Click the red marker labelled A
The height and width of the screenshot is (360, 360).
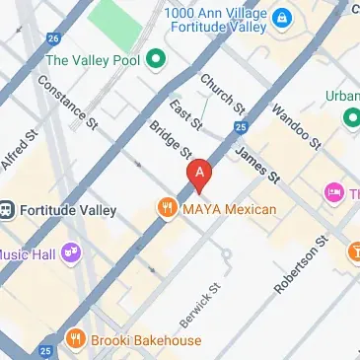point(200,174)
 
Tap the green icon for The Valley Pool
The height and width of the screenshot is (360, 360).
point(155,60)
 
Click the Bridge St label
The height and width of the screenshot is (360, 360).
point(170,140)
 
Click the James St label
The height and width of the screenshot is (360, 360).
point(258,164)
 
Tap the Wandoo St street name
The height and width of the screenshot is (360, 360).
point(296,125)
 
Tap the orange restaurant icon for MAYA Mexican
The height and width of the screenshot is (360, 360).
point(165,208)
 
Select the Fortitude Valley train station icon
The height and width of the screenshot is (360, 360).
point(8,209)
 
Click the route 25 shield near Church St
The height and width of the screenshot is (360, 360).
point(241,127)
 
